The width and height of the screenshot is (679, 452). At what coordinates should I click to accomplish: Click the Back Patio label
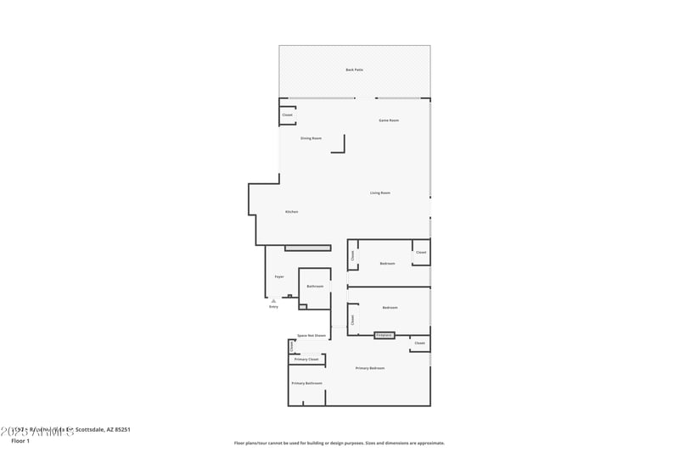click(354, 70)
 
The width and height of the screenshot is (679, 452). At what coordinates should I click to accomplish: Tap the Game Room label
click(389, 120)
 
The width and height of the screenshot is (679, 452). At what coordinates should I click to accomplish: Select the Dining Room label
click(311, 138)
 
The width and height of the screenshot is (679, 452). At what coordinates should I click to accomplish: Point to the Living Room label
click(380, 193)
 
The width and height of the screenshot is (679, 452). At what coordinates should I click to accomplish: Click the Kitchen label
click(291, 211)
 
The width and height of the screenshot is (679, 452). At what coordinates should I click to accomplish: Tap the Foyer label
click(279, 276)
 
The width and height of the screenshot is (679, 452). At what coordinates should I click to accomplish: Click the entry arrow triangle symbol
click(273, 301)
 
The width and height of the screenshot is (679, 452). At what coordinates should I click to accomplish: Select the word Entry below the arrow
click(273, 307)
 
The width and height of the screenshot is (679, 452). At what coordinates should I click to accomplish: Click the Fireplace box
click(384, 336)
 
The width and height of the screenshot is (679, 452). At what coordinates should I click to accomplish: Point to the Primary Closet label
click(306, 360)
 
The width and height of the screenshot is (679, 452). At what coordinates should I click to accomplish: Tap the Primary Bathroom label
click(306, 383)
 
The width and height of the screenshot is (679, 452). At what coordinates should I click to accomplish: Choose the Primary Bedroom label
click(370, 368)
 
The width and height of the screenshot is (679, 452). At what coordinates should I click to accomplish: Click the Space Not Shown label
click(311, 336)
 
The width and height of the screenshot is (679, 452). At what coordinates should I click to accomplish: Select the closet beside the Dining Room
click(287, 114)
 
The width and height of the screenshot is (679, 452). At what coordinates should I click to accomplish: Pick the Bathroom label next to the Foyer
click(315, 287)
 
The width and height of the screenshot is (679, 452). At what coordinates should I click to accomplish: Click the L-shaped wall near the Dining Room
click(341, 146)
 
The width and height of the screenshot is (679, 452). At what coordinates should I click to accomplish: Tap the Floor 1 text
click(20, 441)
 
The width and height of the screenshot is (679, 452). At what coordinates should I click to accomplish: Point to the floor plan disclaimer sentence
click(339, 443)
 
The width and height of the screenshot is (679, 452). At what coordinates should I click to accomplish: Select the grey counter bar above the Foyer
click(307, 248)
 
